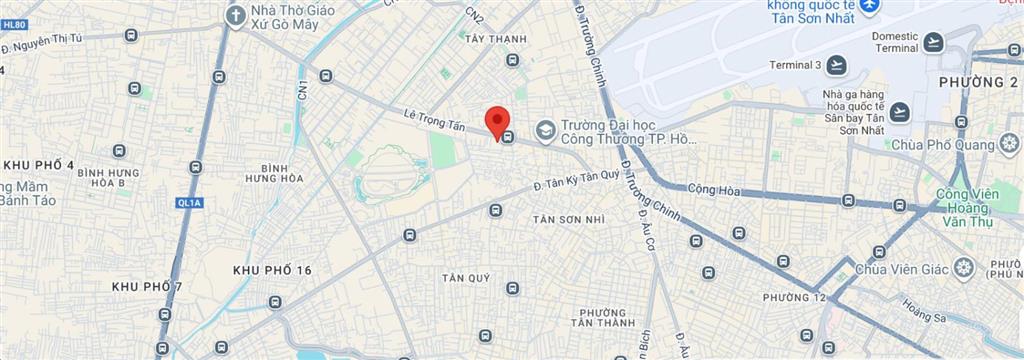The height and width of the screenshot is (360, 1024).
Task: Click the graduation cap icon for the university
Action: coord(545,129)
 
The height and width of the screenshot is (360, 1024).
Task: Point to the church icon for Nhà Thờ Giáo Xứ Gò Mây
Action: coord(235,15)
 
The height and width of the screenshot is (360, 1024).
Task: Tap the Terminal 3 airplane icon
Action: coord(836,66)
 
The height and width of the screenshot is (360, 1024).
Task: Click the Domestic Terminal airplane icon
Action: coord(933,42)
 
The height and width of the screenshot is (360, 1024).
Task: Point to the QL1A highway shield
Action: coord(189,203)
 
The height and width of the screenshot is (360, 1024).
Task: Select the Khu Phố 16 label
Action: coord(272,271)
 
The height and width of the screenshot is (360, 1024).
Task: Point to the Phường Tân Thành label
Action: coord(603,316)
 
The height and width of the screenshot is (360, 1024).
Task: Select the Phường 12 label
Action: coord(794,298)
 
